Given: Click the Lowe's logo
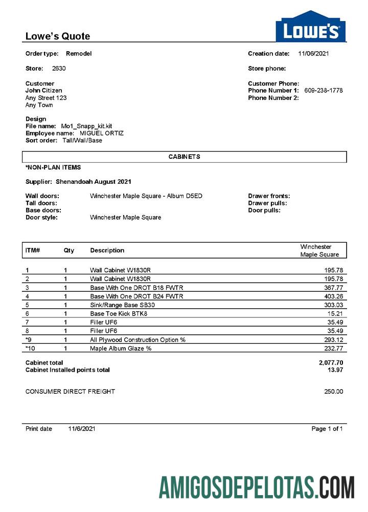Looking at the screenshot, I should coord(310,27).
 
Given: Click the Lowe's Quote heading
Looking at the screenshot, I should coord(58,36).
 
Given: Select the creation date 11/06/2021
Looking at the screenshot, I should coord(314,53).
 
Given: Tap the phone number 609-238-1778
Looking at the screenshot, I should coord(323,91).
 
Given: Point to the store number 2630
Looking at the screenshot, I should coord(59,68).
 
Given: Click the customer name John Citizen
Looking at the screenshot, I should coord(44,91).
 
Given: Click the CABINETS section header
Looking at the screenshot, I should coord(184,157).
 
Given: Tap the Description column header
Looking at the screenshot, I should coord(107,250).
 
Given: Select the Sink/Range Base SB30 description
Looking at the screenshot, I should coord(123,305).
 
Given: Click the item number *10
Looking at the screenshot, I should coord(30,348).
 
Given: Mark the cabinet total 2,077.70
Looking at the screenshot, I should coord(331,362).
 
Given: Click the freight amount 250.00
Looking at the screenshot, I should coord(333,392).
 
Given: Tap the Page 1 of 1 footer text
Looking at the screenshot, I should coord(327,429).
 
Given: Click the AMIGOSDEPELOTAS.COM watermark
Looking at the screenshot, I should coord(256,487).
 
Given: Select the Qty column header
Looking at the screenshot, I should coord(68,250).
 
